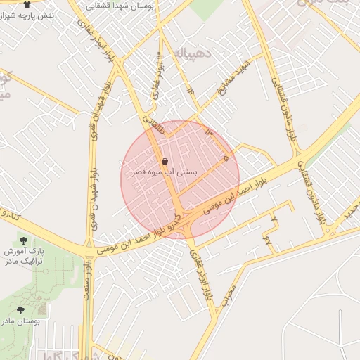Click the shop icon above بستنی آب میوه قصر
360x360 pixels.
[x=165, y=161]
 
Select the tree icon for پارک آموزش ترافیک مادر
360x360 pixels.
[x=24, y=240]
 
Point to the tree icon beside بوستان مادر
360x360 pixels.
[x=20, y=310]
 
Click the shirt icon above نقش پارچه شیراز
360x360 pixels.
[x=27, y=4]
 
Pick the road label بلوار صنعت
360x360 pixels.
[x=87, y=281]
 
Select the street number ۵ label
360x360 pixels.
[x=226, y=160]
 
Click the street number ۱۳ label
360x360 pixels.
[x=207, y=131]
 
